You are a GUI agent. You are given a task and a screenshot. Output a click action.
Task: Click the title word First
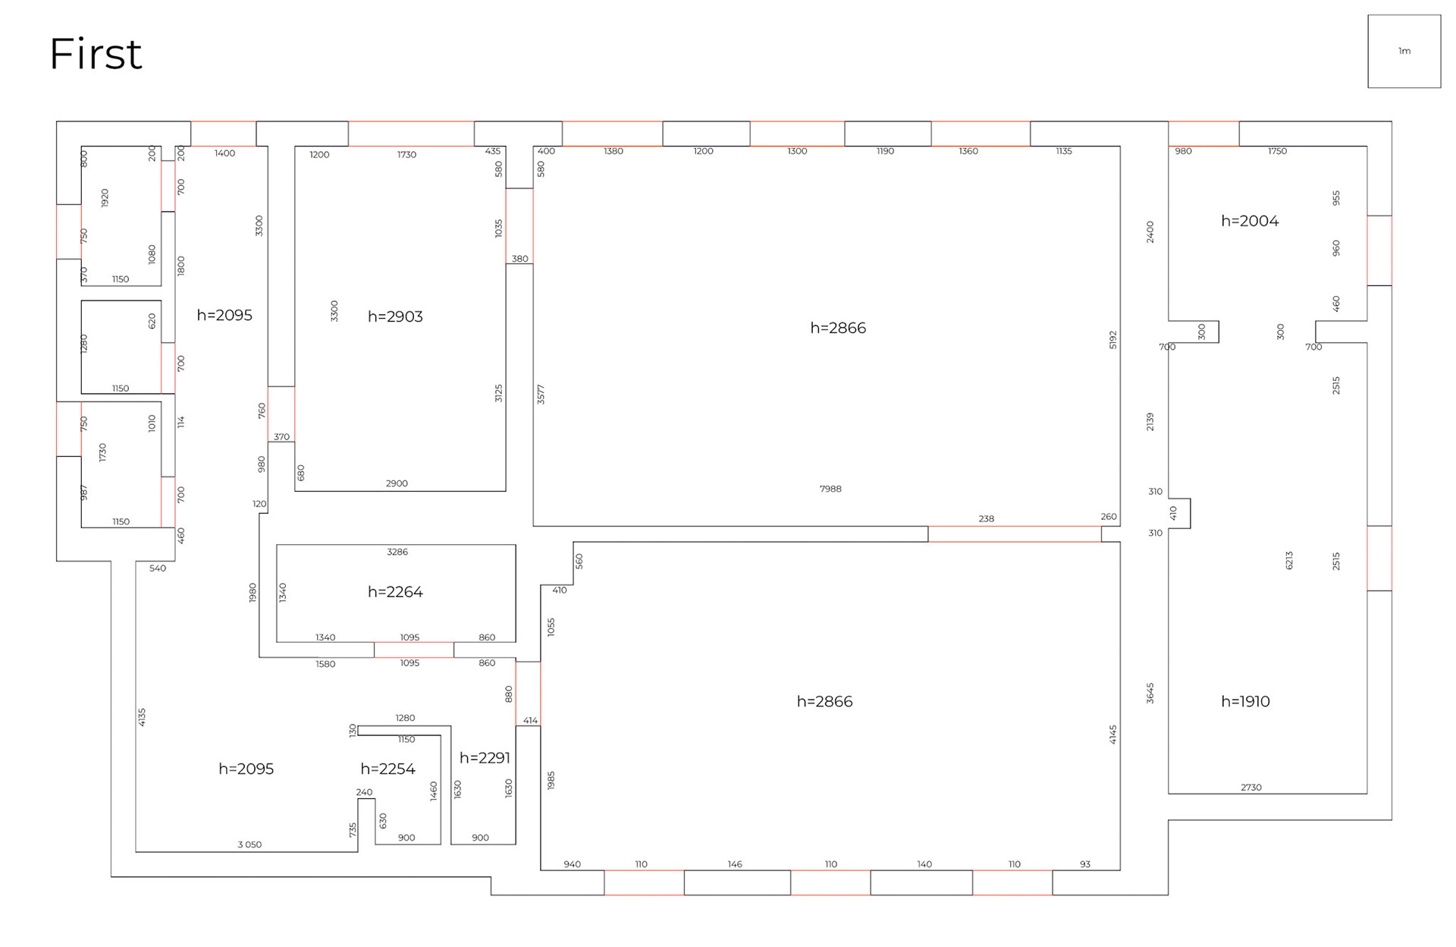(96, 54)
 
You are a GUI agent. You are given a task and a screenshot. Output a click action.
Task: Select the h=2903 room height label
(395, 316)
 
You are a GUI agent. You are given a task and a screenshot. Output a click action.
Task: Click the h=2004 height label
(1250, 221)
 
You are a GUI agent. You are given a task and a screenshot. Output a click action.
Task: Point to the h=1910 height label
(1245, 701)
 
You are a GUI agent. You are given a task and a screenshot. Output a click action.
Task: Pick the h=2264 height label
(395, 592)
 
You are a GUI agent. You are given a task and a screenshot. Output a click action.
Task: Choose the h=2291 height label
(485, 757)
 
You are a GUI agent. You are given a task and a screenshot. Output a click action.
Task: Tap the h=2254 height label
(388, 769)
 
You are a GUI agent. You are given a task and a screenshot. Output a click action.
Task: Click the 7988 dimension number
(830, 489)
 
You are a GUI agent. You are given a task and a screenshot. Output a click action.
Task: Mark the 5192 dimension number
(1113, 340)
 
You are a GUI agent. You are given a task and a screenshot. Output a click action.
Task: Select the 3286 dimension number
(397, 552)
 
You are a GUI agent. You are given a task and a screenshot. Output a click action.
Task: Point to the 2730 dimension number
(1251, 788)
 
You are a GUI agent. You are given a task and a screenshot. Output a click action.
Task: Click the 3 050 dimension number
(249, 845)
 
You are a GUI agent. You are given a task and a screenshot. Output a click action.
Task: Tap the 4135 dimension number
(142, 718)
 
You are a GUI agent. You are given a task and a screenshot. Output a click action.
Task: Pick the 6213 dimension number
(1289, 561)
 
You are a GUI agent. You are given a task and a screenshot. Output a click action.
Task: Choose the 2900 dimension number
(397, 483)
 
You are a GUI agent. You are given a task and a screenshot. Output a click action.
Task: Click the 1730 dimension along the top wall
(406, 155)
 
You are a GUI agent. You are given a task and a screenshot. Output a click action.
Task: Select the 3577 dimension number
(541, 395)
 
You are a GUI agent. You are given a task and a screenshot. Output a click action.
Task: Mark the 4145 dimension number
(1113, 735)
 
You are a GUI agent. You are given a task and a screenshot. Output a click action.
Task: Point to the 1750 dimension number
(1277, 151)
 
